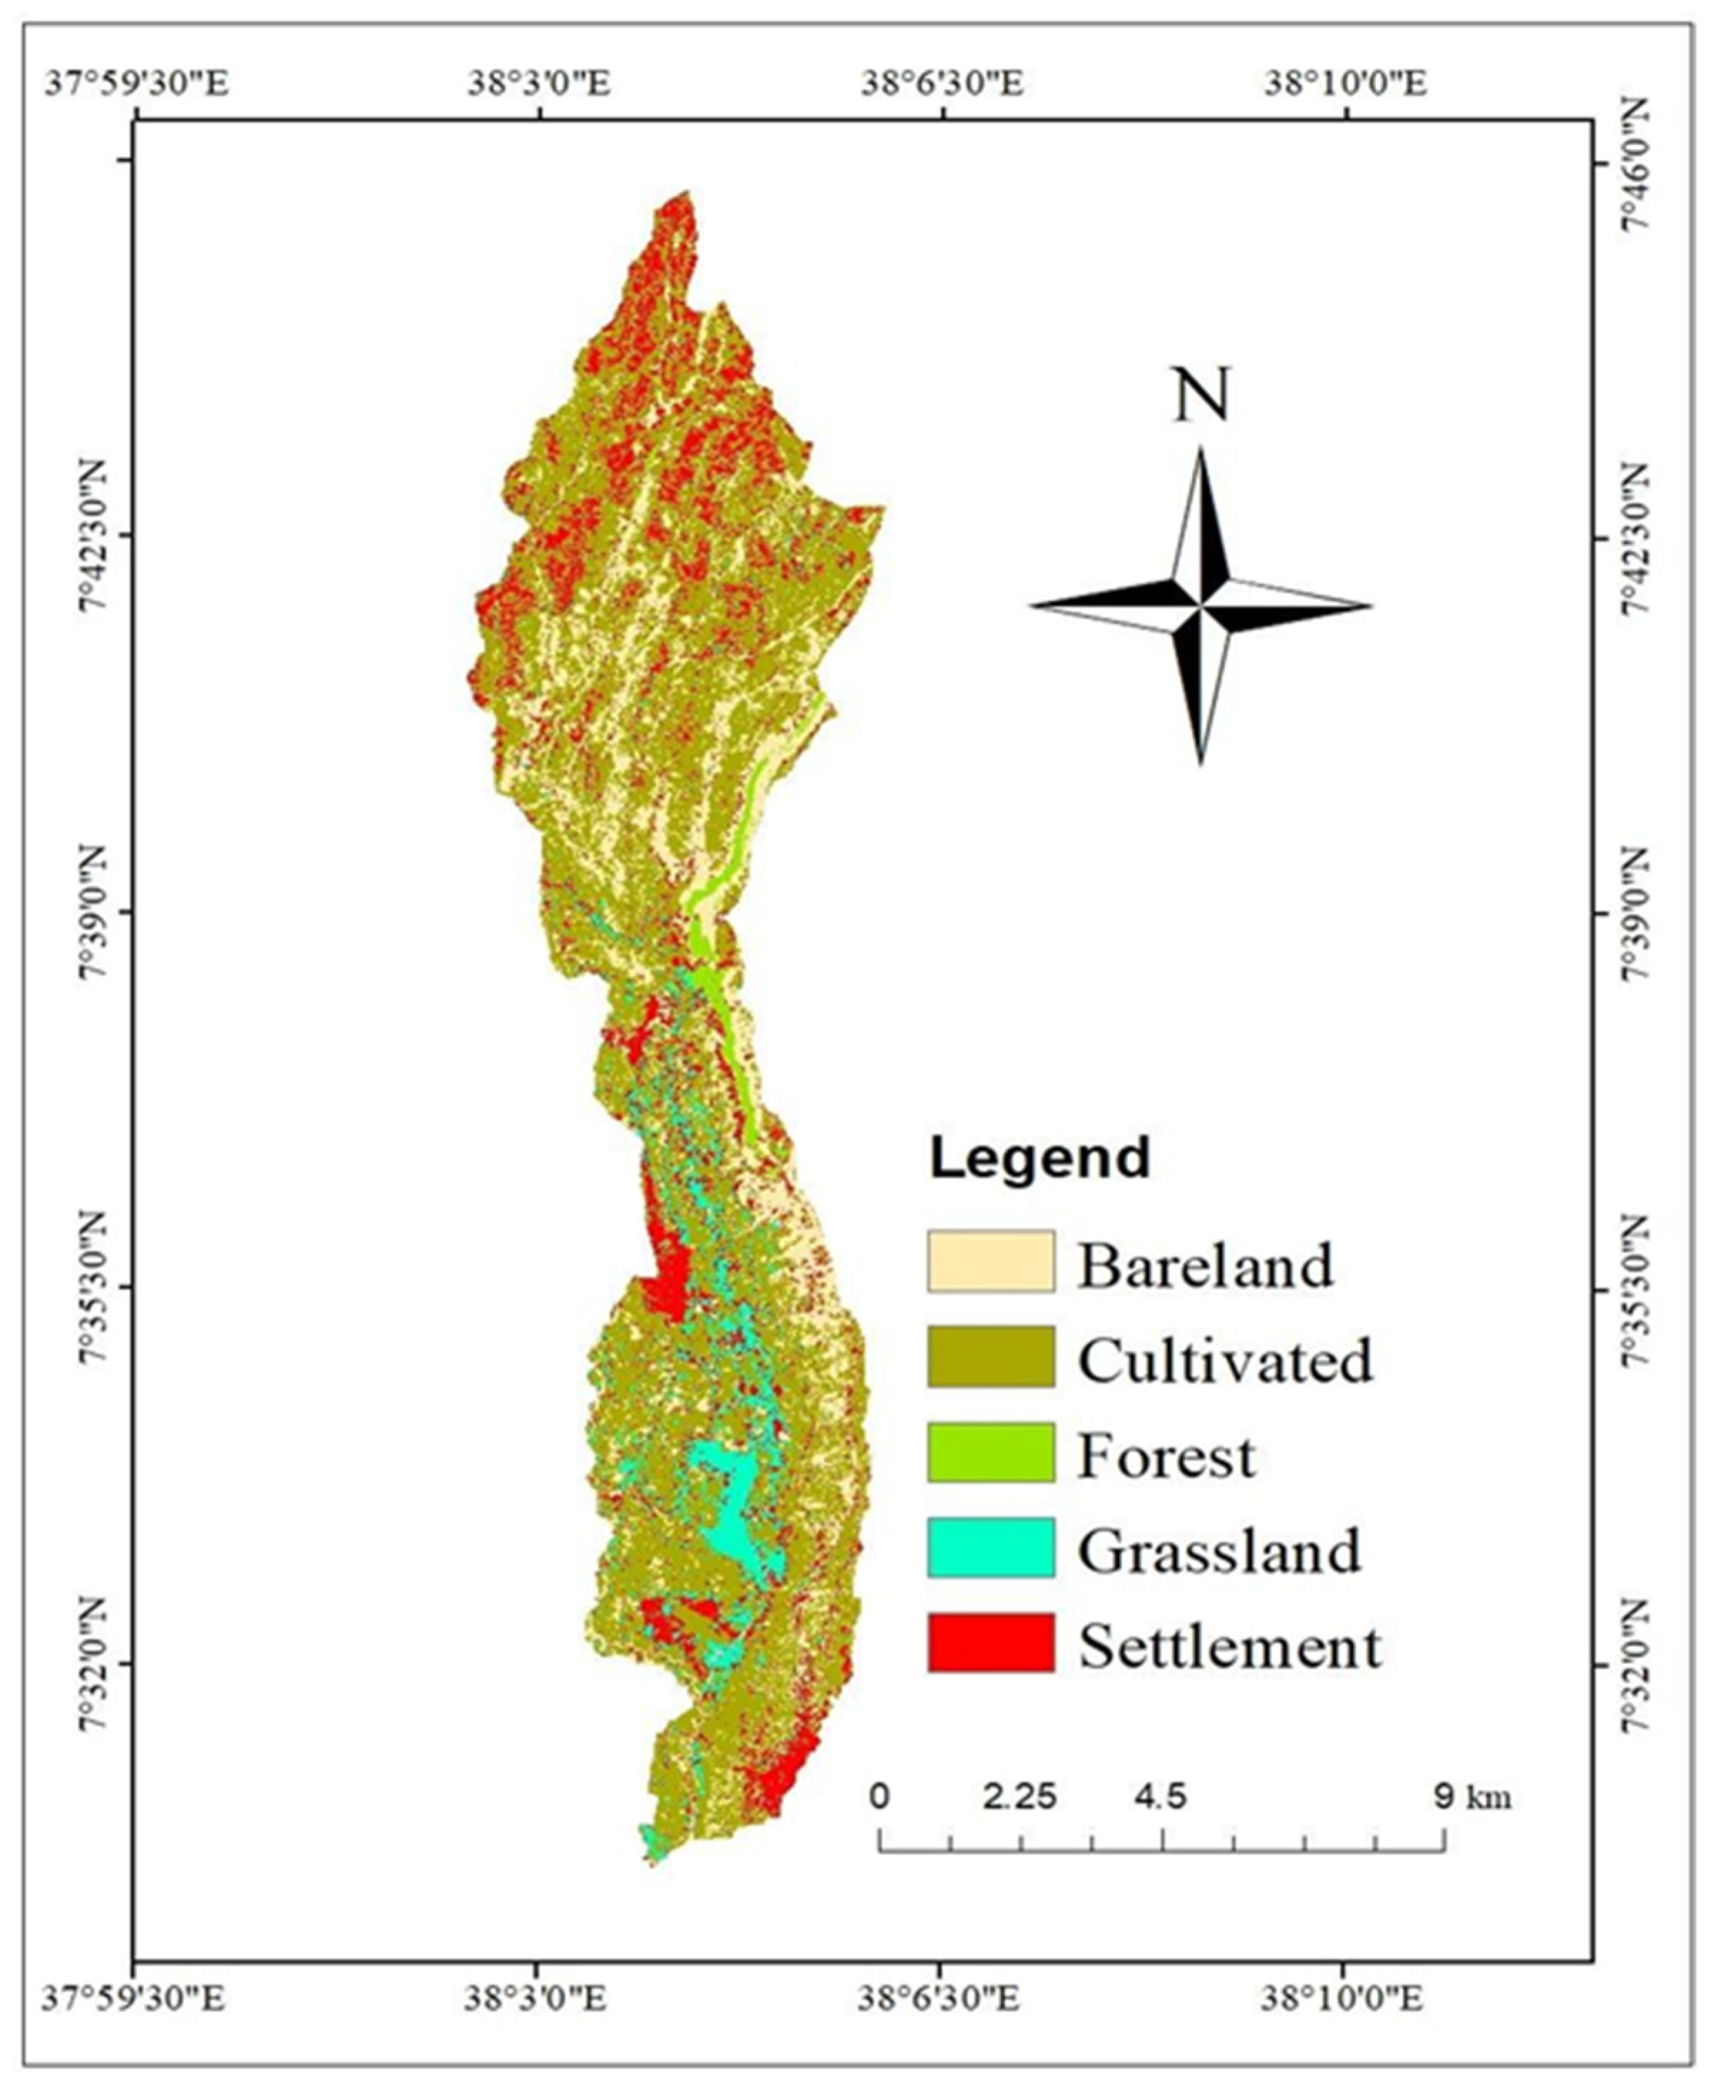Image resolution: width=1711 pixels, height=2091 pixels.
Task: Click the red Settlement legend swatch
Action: coord(990,1643)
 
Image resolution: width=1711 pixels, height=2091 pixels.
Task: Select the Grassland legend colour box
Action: coord(990,1547)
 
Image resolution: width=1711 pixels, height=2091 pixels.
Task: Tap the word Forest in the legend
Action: coord(1166,1455)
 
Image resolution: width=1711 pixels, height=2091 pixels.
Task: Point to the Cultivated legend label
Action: coord(1224,1361)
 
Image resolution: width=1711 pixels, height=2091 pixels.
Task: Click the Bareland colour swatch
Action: coord(990,1260)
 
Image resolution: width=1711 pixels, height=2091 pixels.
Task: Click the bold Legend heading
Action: coord(1040,1158)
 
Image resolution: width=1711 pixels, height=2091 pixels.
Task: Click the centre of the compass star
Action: coord(1201,605)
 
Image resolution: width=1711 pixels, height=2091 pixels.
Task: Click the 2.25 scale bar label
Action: coord(1019,1797)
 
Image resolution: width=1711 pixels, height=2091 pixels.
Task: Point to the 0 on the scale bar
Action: coord(879,1797)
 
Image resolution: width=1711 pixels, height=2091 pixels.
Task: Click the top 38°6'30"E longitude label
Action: coord(943,83)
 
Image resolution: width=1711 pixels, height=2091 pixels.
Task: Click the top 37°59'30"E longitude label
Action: coord(137,83)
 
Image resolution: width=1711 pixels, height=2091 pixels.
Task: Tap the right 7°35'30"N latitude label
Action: coord(1637,1289)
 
